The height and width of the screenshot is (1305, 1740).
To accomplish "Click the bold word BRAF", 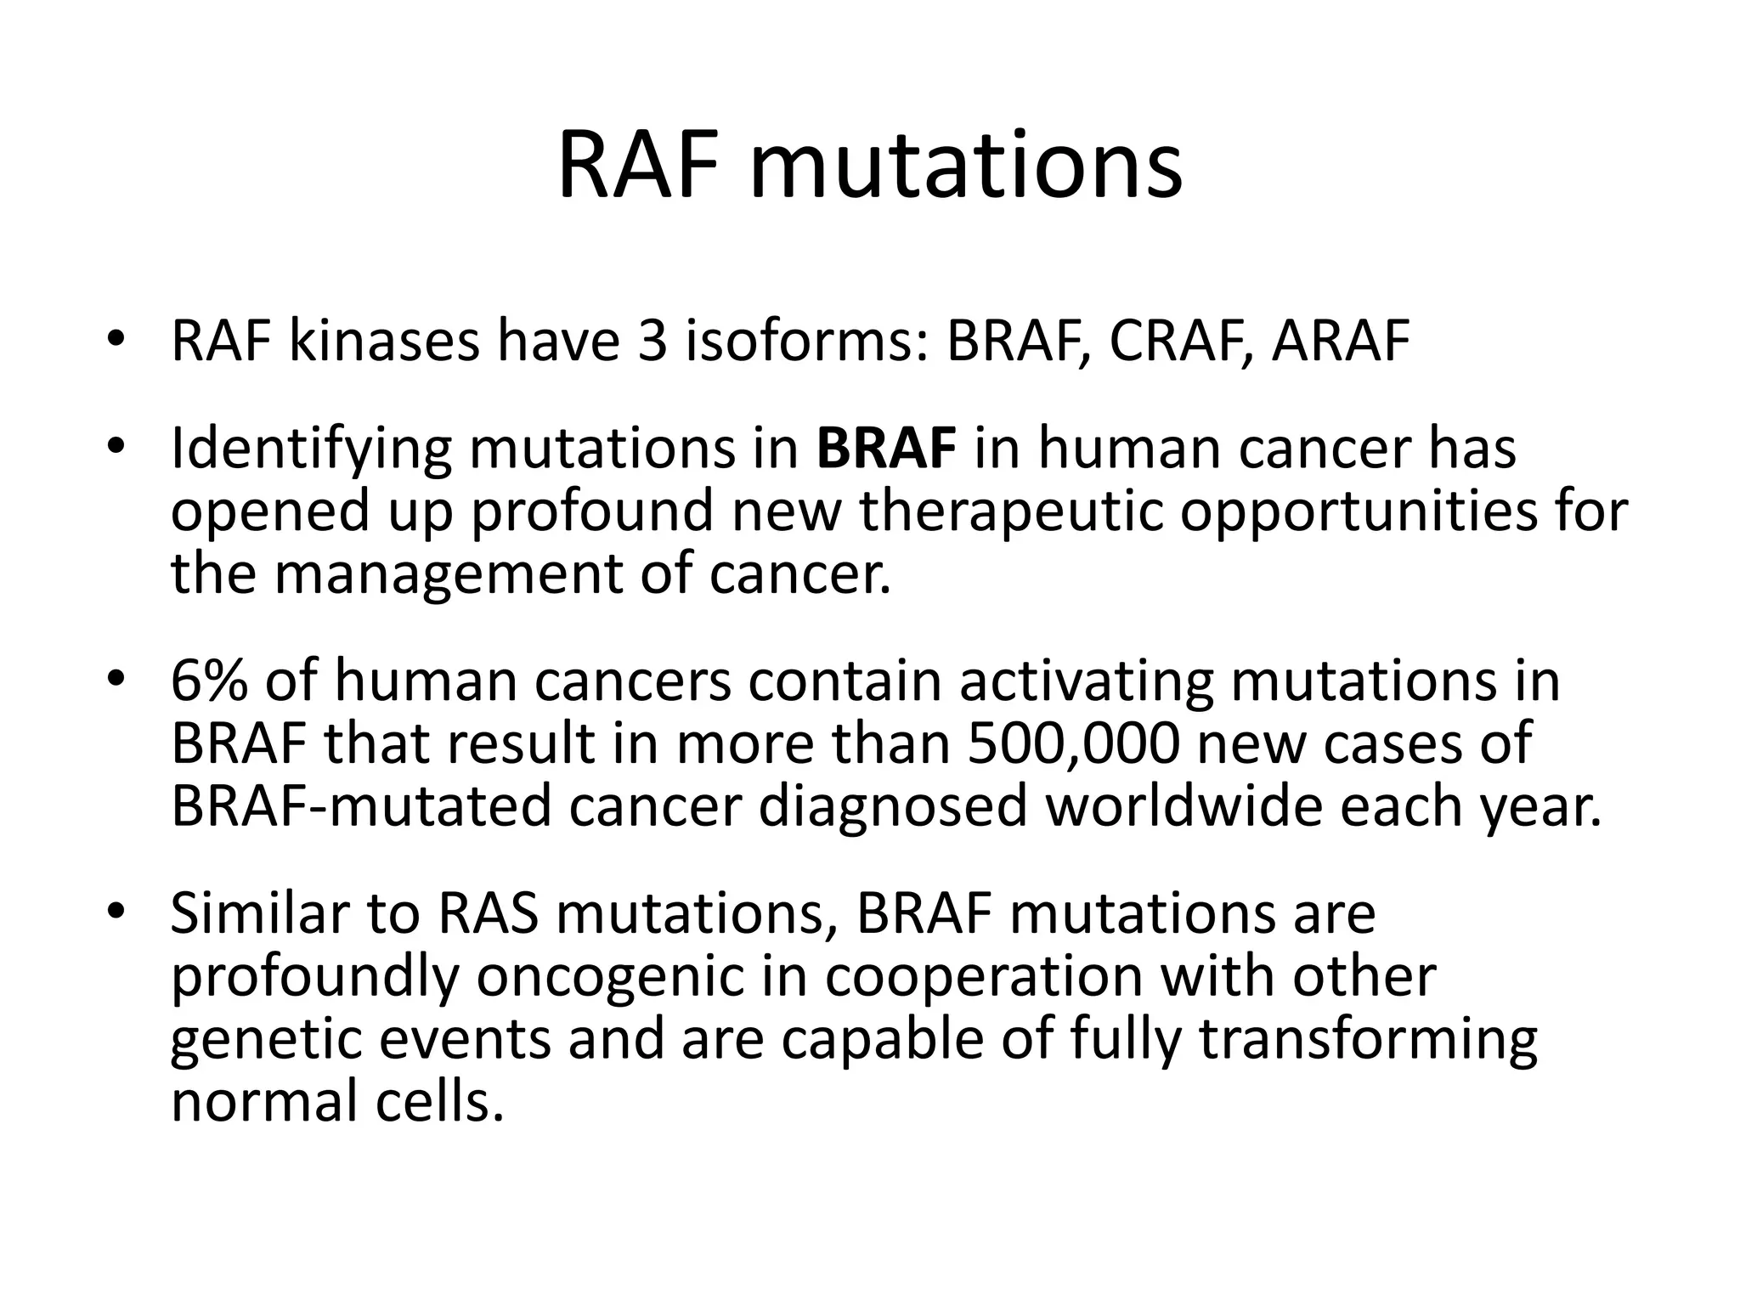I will coord(886,448).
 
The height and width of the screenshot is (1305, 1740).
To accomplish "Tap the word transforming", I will coord(1369,1040).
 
